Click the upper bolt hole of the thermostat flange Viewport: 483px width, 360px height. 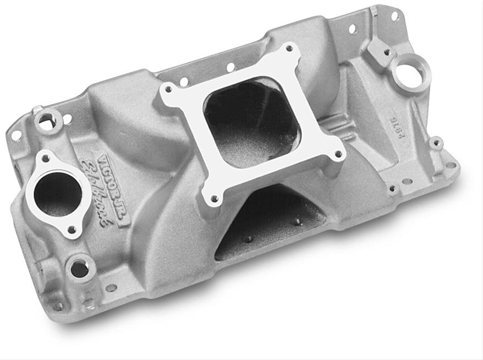[46, 159]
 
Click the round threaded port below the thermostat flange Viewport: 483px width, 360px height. [79, 269]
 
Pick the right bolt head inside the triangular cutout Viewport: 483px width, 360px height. [298, 222]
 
